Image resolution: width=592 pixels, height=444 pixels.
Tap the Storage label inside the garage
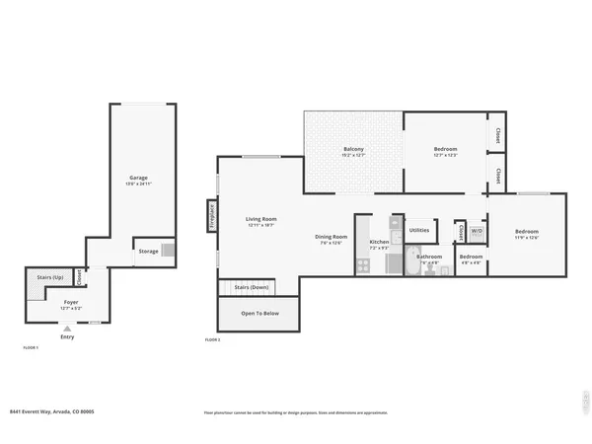[147, 252]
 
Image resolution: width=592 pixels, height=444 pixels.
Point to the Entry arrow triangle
[67, 329]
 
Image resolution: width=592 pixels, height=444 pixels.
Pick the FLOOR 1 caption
[31, 348]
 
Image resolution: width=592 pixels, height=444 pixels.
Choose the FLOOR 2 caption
[212, 339]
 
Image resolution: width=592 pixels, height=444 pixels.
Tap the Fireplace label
[212, 215]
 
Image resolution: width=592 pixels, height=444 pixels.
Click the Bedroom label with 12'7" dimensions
[446, 149]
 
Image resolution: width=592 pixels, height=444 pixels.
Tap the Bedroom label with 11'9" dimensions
[527, 232]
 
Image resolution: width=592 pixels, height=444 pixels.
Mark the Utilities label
[418, 229]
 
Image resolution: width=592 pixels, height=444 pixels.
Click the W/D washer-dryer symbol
[476, 231]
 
